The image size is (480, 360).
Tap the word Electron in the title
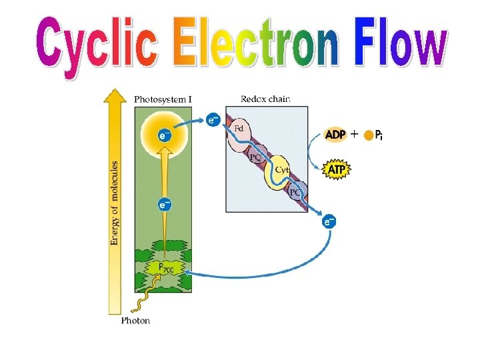264,44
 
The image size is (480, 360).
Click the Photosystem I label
163,99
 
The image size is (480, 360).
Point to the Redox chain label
265,99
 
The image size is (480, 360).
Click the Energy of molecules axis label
115,203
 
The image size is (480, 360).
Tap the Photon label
135,321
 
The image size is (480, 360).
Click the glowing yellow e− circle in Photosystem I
164,135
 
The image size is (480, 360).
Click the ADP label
335,135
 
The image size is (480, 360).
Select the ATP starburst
337,171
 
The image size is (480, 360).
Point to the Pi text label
379,135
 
